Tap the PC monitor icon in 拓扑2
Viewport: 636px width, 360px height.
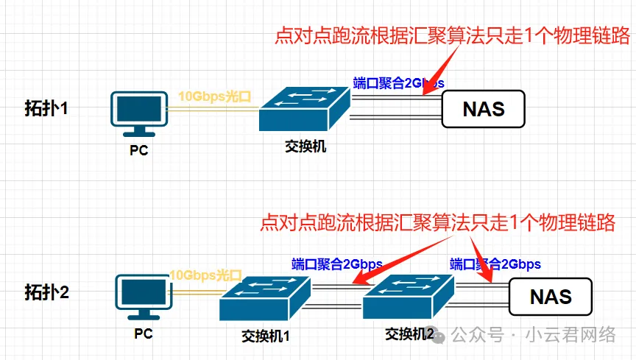[x=144, y=297]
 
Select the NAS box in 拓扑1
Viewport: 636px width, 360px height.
[x=483, y=110]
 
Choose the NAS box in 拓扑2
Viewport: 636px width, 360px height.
[x=551, y=297]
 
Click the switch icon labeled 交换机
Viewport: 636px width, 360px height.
[x=304, y=109]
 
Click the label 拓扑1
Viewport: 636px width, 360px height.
[x=45, y=109]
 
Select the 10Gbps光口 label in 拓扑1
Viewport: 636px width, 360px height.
[x=215, y=96]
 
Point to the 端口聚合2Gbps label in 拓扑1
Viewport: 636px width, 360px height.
[x=398, y=82]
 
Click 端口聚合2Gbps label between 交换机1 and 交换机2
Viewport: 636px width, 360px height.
[x=336, y=264]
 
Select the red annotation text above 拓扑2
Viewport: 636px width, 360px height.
[x=437, y=222]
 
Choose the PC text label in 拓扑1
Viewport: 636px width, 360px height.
[x=138, y=151]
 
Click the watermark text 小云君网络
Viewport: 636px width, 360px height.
[x=570, y=335]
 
